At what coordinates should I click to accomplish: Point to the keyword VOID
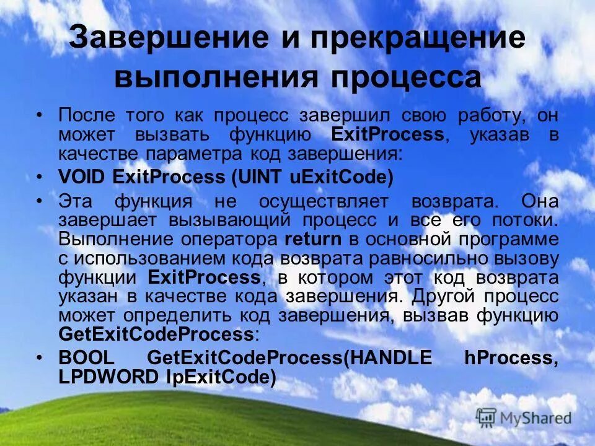(x=82, y=177)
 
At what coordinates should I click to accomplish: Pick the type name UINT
(x=265, y=177)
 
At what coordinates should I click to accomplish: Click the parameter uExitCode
(x=341, y=177)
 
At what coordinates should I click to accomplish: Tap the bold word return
(x=312, y=238)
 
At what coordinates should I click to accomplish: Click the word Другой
(x=440, y=295)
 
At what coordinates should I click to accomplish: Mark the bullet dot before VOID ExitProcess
(x=40, y=177)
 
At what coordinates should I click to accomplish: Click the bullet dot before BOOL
(x=40, y=358)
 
